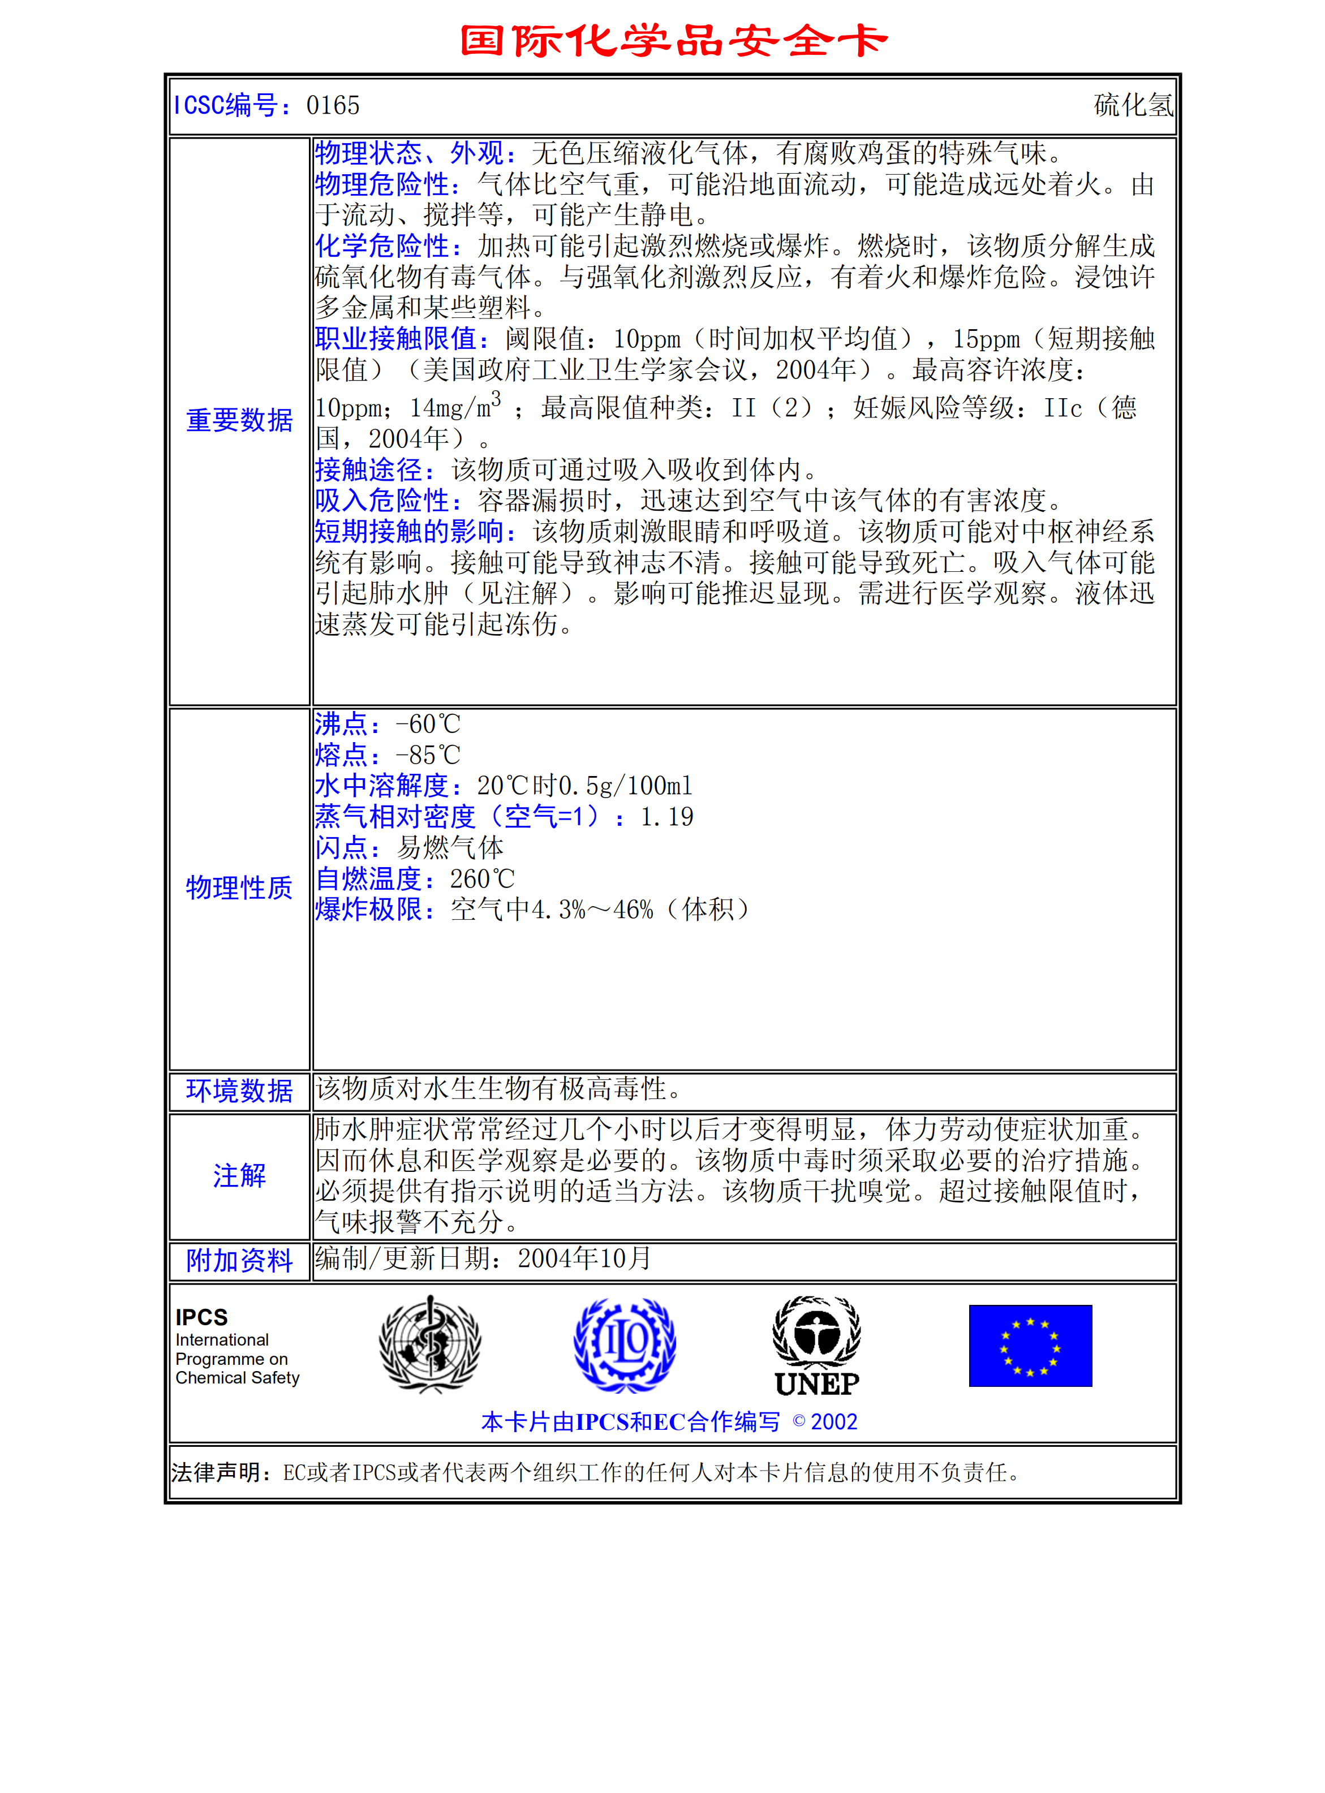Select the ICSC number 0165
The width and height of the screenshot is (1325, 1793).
pyautogui.click(x=333, y=105)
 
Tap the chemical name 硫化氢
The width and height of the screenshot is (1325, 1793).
pyautogui.click(x=1133, y=105)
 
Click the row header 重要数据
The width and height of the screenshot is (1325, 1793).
pyautogui.click(x=239, y=420)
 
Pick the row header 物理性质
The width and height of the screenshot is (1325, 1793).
pyautogui.click(x=239, y=887)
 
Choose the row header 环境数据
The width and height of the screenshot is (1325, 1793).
pyautogui.click(x=239, y=1091)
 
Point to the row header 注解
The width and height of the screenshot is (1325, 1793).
pyautogui.click(x=239, y=1175)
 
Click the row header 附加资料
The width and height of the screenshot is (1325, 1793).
pyautogui.click(x=239, y=1261)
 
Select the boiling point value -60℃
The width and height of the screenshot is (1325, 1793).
pyautogui.click(x=428, y=724)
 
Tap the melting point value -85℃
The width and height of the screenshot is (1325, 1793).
pyautogui.click(x=428, y=755)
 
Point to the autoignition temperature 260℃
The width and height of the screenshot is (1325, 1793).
pyautogui.click(x=482, y=879)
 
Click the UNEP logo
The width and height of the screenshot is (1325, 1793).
pyautogui.click(x=816, y=1346)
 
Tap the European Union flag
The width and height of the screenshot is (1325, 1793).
pyautogui.click(x=1030, y=1346)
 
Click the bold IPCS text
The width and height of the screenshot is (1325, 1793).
pyautogui.click(x=201, y=1317)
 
